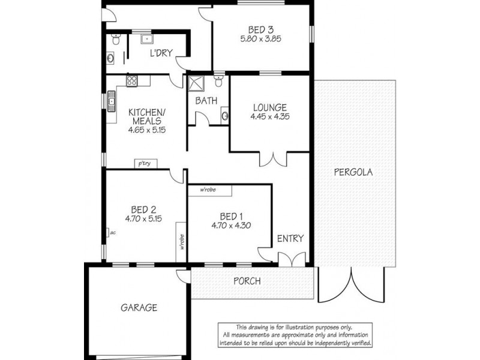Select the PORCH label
(x=247, y=281)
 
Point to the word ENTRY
(x=290, y=238)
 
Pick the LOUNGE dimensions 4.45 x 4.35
(x=270, y=118)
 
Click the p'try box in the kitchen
(x=143, y=163)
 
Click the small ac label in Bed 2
(x=111, y=232)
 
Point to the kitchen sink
(x=112, y=102)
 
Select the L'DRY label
(x=161, y=53)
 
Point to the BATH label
(x=206, y=101)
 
